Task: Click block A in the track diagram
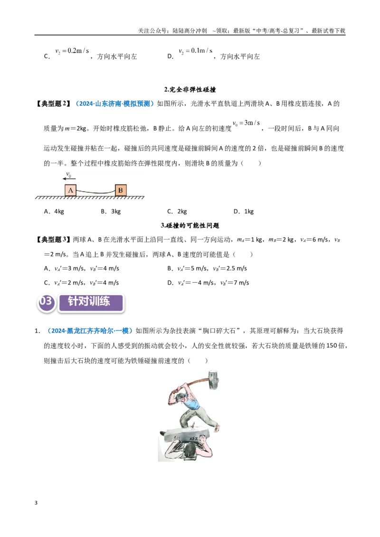(x=70, y=190)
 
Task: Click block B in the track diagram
(x=121, y=190)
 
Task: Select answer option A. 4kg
(x=54, y=211)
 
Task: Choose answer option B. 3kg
(x=111, y=211)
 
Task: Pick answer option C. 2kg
(x=177, y=211)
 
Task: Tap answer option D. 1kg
(x=244, y=211)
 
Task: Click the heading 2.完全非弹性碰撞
(x=190, y=90)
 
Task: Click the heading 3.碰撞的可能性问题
(x=190, y=225)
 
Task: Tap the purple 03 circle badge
(x=46, y=302)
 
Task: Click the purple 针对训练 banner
(x=91, y=303)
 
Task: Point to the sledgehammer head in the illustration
(x=213, y=380)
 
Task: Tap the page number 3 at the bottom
(x=36, y=503)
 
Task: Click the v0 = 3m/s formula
(x=246, y=123)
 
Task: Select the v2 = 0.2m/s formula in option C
(x=72, y=51)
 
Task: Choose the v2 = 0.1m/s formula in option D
(x=195, y=51)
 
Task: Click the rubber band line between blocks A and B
(x=95, y=192)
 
